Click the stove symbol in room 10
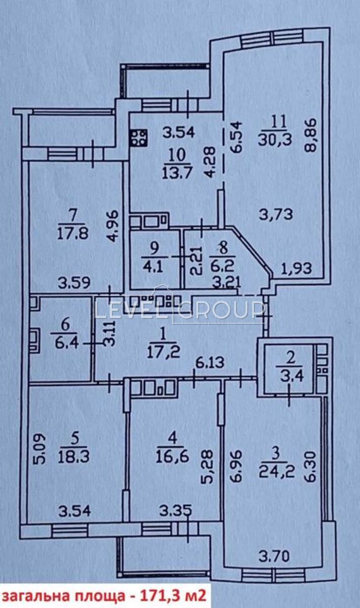[x=139, y=138]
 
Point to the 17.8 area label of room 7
[x=73, y=233]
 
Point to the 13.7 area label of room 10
[x=177, y=172]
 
